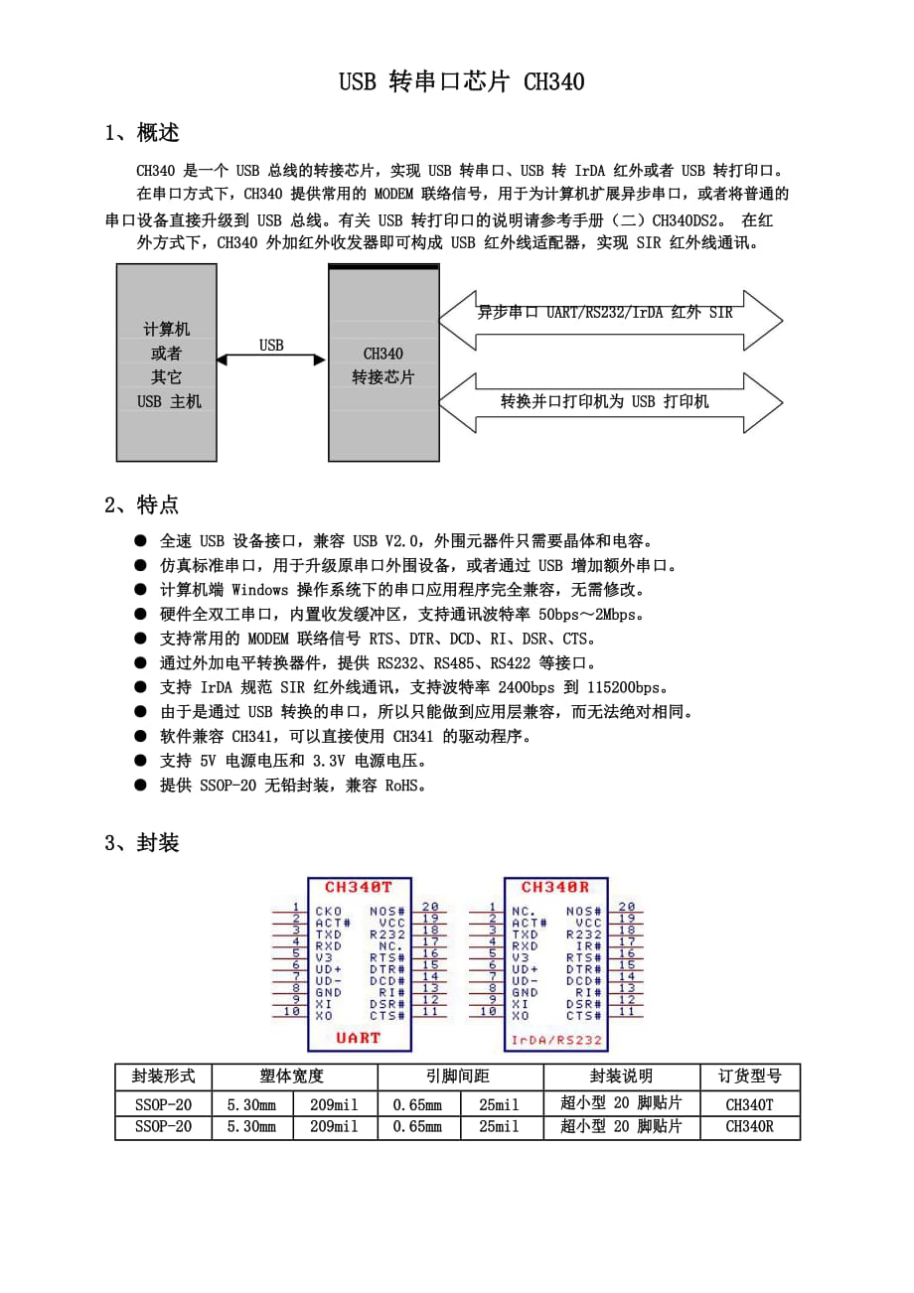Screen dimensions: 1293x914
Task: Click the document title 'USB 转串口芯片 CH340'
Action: pyautogui.click(x=461, y=81)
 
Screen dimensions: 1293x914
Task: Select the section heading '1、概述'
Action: pyautogui.click(x=142, y=133)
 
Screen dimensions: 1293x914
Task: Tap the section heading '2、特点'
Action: pyautogui.click(x=142, y=504)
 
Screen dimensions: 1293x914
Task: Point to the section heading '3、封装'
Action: pyautogui.click(x=142, y=843)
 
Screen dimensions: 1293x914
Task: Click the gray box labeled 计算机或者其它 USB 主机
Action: pyautogui.click(x=167, y=363)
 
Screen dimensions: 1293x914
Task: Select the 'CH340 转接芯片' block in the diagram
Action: pyautogui.click(x=383, y=364)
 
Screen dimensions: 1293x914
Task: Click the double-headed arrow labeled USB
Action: pyautogui.click(x=271, y=359)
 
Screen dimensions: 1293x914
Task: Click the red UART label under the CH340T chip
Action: pyautogui.click(x=359, y=1038)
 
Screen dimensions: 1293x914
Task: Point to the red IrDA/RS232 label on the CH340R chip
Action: pyautogui.click(x=556, y=1040)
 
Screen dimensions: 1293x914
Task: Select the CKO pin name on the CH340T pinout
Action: pyautogui.click(x=329, y=911)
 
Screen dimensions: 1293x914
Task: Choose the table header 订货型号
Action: pyautogui.click(x=750, y=1077)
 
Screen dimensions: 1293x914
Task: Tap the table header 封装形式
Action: pyautogui.click(x=163, y=1077)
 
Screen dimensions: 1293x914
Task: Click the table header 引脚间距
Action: pyautogui.click(x=458, y=1077)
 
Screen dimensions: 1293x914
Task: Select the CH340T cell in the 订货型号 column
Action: pyautogui.click(x=749, y=1103)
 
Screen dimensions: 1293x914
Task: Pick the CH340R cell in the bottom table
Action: pyautogui.click(x=749, y=1127)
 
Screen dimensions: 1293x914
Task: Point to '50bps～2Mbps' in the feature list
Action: pyautogui.click(x=597, y=615)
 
